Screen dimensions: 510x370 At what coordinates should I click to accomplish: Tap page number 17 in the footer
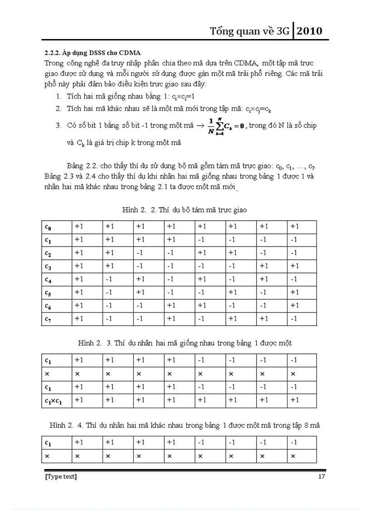pos(321,476)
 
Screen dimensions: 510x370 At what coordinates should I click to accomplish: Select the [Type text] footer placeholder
pos(60,476)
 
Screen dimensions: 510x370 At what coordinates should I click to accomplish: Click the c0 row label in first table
pos(48,226)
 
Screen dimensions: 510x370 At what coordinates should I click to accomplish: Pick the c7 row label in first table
pos(48,319)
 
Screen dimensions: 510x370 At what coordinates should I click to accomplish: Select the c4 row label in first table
pos(48,279)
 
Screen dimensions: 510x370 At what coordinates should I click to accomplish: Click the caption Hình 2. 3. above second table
pos(185,343)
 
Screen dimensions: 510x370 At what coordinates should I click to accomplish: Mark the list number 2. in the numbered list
pos(59,109)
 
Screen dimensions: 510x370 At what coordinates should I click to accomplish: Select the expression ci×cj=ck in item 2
pos(258,109)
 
